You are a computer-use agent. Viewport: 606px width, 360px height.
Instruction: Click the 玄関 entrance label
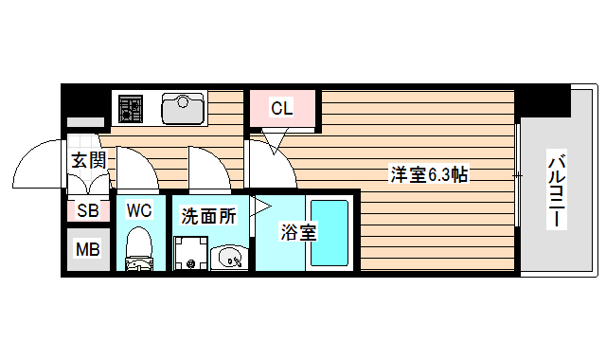88,160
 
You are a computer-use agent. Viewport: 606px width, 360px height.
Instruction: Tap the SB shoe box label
87,210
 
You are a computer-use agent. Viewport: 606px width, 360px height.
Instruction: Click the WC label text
139,209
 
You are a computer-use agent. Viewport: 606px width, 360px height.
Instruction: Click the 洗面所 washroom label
208,216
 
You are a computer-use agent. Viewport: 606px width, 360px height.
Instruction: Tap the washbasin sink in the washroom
229,256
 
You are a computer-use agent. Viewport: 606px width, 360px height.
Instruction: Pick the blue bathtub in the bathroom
331,232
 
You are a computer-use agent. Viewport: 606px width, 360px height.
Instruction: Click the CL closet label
281,108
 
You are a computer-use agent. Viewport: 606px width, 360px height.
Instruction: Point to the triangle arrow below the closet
274,143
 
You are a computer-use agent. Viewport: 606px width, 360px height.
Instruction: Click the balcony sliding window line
518,175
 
